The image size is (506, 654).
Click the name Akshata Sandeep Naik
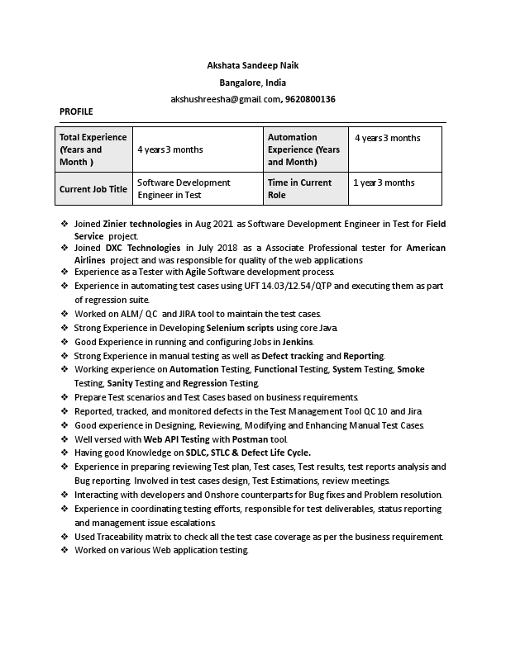pos(252,65)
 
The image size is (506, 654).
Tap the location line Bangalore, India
pos(252,83)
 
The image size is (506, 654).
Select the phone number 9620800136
pos(310,99)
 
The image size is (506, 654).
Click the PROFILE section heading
pos(76,111)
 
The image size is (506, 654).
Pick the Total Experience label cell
pos(93,149)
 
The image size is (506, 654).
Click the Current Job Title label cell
pos(93,189)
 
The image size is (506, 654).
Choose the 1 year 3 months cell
pos(384,182)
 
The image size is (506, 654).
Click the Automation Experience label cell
pos(303,149)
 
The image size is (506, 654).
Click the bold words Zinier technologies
pos(142,224)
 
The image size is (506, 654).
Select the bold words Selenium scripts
pos(240,328)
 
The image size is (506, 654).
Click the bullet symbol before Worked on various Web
pos(64,550)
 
